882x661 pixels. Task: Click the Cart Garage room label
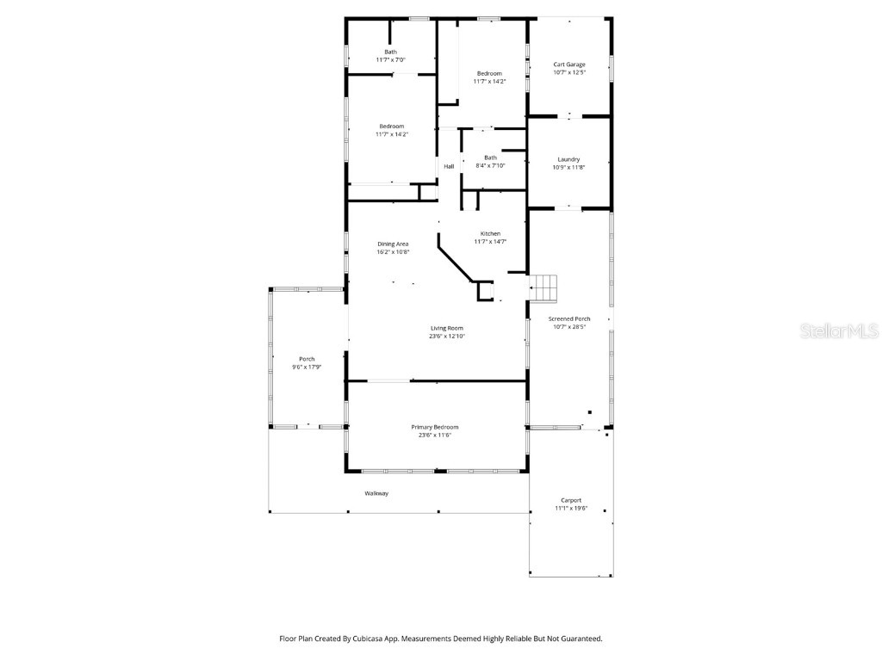coord(569,65)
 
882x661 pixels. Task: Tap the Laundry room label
coord(568,159)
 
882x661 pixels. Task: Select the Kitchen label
coord(490,234)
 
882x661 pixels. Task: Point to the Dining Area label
coord(393,244)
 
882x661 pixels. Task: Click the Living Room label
coord(447,328)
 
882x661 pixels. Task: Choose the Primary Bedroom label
coord(435,427)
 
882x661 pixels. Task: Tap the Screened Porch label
coord(569,319)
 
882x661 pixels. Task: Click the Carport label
coord(571,500)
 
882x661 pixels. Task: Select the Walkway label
coord(376,493)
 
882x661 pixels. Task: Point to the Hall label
coord(449,166)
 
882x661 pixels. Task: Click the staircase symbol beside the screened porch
coord(543,287)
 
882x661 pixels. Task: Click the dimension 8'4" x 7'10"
coord(490,165)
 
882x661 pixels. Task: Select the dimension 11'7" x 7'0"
coord(391,60)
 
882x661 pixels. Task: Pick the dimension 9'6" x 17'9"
coord(307,368)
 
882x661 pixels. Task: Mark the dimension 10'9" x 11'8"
coord(568,167)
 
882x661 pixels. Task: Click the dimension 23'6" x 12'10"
coord(447,337)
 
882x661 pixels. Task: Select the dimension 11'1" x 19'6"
coord(571,509)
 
